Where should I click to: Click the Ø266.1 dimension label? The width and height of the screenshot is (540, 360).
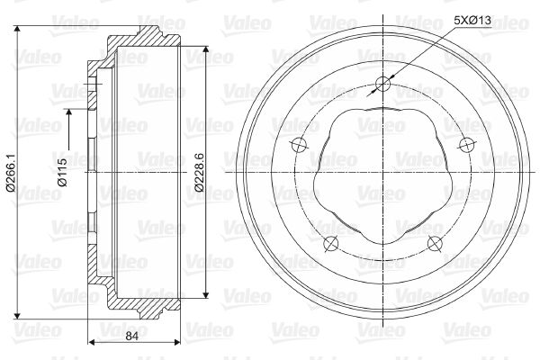coord(11,172)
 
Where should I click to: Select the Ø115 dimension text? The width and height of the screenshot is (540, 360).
coord(63,172)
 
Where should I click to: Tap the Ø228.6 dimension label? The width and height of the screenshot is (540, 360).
coord(199,172)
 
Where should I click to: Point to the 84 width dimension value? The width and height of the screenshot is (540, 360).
coord(131,336)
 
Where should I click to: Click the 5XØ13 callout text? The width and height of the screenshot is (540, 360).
coord(472,21)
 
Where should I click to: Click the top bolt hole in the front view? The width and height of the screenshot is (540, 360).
coord(383,84)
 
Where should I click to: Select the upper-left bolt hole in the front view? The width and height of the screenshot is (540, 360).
coord(299,145)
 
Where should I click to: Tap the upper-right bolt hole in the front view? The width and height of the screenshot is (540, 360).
coord(467,145)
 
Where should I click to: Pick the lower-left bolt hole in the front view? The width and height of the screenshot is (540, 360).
coord(331,244)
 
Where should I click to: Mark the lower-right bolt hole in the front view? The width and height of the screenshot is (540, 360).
coord(435,244)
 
